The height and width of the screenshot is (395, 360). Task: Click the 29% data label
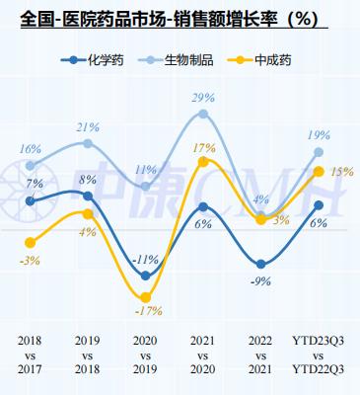(203, 98)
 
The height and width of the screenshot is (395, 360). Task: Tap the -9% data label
(261, 280)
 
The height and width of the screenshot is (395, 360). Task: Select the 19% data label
(319, 135)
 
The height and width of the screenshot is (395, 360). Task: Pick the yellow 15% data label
(341, 171)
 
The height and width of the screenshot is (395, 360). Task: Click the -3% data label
(30, 260)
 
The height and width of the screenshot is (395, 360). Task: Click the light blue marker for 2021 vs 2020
(203, 115)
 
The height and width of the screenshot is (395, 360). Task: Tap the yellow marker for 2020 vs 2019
(146, 296)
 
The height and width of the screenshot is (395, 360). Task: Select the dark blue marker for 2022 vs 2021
(261, 265)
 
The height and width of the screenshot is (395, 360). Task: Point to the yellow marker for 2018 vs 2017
(31, 242)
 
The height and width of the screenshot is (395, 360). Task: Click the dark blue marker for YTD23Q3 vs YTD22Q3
(319, 205)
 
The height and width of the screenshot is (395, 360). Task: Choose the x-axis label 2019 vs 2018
(88, 355)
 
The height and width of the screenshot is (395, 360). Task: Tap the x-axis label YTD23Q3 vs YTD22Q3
(318, 355)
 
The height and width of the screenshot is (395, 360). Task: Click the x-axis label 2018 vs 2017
(31, 355)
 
